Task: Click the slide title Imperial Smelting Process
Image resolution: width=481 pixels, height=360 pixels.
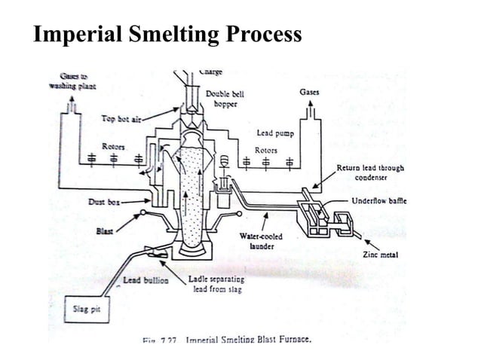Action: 167,35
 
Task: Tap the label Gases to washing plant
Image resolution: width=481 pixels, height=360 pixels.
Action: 73,81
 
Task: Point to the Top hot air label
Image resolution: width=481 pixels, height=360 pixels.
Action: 120,118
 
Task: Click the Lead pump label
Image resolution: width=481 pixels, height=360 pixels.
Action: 274,133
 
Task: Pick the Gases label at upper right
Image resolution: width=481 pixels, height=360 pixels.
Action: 309,91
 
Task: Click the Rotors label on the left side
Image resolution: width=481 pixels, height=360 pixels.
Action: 113,145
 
